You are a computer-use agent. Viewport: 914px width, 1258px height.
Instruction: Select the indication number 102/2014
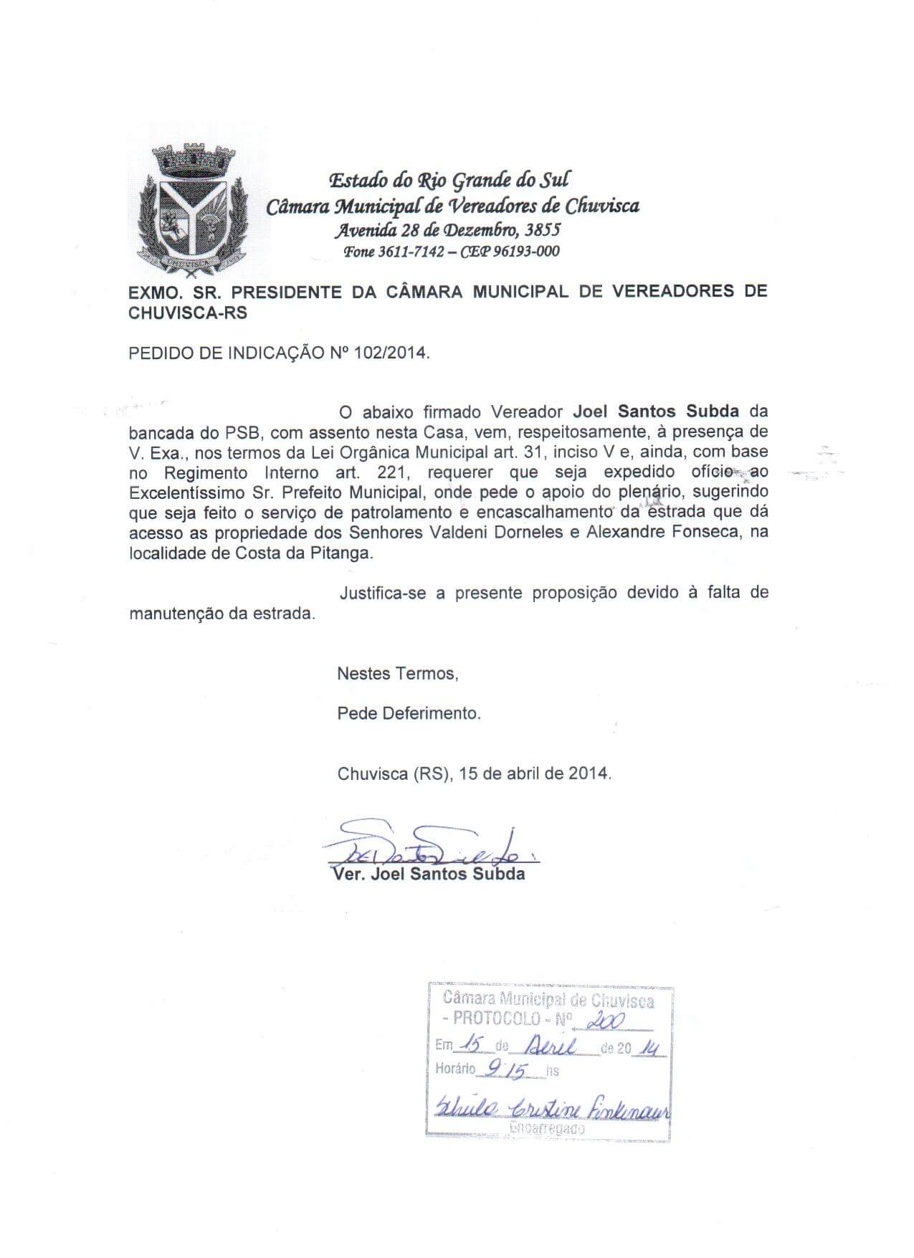tap(393, 353)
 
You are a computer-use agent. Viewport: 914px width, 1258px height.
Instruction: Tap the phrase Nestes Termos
tap(396, 674)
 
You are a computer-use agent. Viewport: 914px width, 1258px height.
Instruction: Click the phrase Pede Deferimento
tap(409, 714)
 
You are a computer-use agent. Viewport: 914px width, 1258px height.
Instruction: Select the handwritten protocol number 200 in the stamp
tap(606, 1021)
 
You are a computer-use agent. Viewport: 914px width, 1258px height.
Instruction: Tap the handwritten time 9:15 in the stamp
tap(505, 1071)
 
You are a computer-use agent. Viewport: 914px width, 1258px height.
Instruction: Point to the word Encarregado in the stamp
tap(546, 1128)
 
